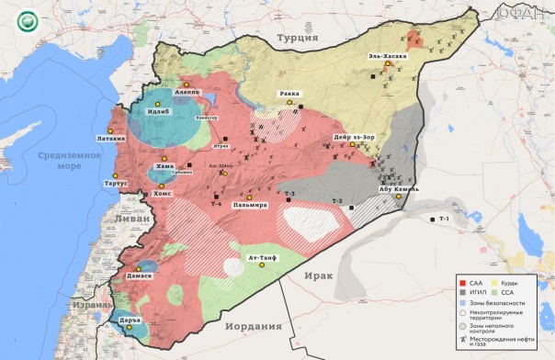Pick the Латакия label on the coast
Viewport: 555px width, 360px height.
coord(104,139)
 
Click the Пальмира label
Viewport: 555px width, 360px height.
coord(248,205)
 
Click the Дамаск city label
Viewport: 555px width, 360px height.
coord(134,275)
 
